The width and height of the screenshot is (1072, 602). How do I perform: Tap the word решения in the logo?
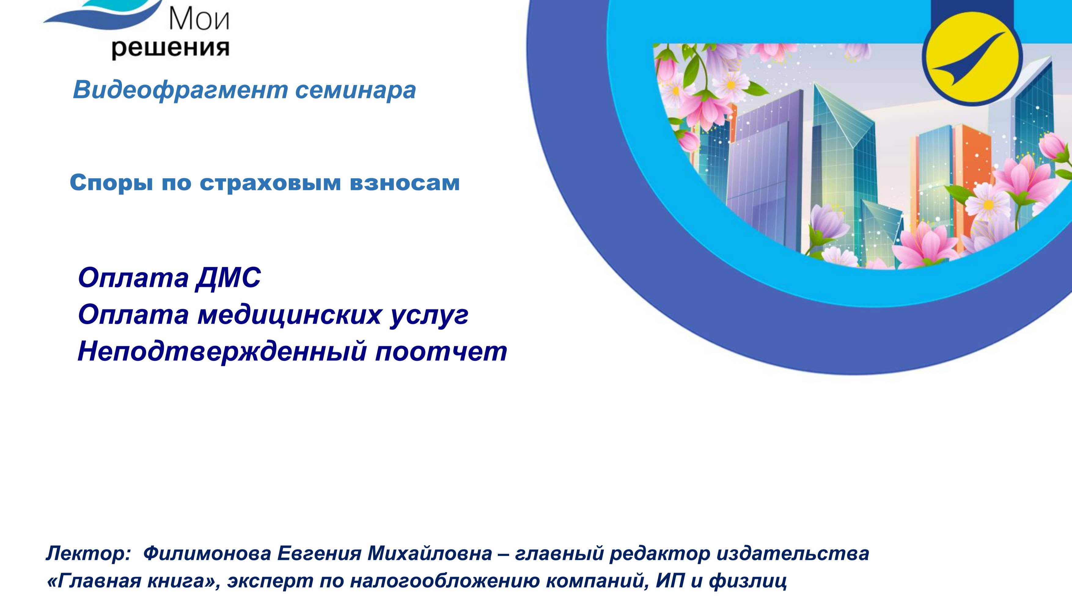[170, 49]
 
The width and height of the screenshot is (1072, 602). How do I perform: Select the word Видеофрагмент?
[180, 89]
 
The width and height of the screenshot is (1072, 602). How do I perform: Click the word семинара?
[355, 89]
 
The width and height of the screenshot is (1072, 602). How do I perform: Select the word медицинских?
[289, 315]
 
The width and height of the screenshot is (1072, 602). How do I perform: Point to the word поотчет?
[441, 352]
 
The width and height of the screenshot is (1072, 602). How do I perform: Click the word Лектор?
[87, 554]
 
